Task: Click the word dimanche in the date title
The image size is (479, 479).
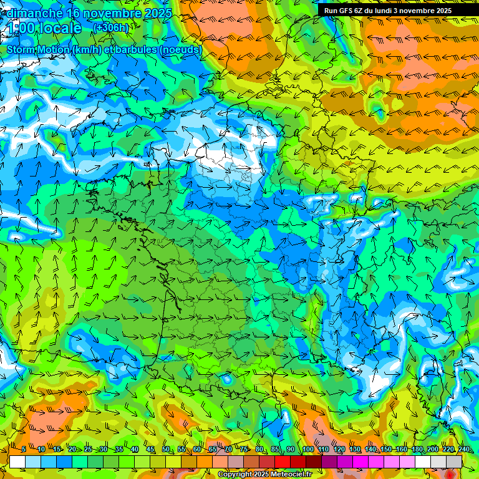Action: pyautogui.click(x=35, y=13)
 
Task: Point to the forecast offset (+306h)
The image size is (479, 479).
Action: pyautogui.click(x=110, y=27)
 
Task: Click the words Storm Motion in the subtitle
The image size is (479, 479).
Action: pyautogui.click(x=37, y=49)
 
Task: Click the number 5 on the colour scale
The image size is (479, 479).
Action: pyautogui.click(x=24, y=449)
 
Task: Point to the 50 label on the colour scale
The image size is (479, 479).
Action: pyautogui.click(x=166, y=449)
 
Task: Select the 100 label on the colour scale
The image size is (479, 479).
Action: pyautogui.click(x=307, y=449)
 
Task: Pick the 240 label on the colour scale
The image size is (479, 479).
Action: pyautogui.click(x=463, y=449)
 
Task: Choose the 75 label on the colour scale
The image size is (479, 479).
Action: pyautogui.click(x=244, y=449)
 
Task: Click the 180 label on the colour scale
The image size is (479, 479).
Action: pyautogui.click(x=417, y=449)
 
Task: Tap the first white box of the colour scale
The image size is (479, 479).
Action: pyautogui.click(x=17, y=462)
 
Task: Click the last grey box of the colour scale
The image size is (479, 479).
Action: pyautogui.click(x=454, y=462)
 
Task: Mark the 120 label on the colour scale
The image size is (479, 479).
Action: pyautogui.click(x=339, y=449)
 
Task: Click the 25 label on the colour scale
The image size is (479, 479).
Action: pyautogui.click(x=88, y=449)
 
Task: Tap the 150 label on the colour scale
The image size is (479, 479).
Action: pyautogui.click(x=385, y=449)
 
